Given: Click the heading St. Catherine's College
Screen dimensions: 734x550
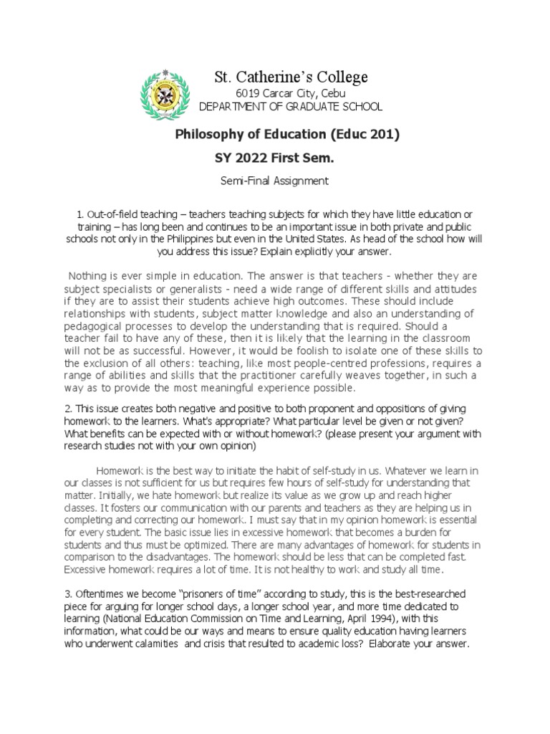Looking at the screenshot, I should (291, 77).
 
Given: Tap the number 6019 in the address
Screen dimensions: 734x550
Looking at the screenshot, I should (249, 93).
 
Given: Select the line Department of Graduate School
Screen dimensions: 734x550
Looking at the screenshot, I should (291, 107).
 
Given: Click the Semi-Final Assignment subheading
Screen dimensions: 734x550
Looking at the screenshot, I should (274, 181).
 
